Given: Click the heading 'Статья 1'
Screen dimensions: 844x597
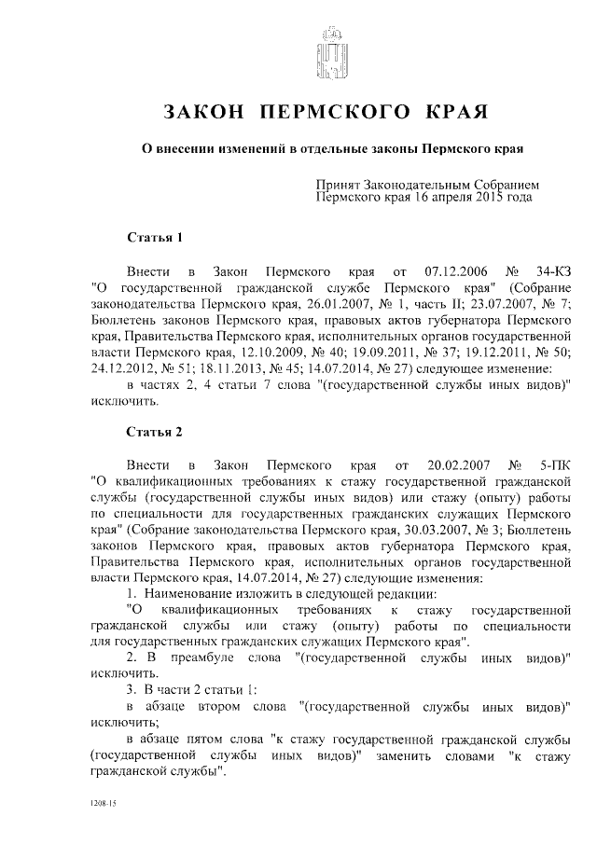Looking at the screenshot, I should click(x=155, y=237).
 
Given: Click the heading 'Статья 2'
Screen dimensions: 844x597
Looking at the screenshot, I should click(x=155, y=432).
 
